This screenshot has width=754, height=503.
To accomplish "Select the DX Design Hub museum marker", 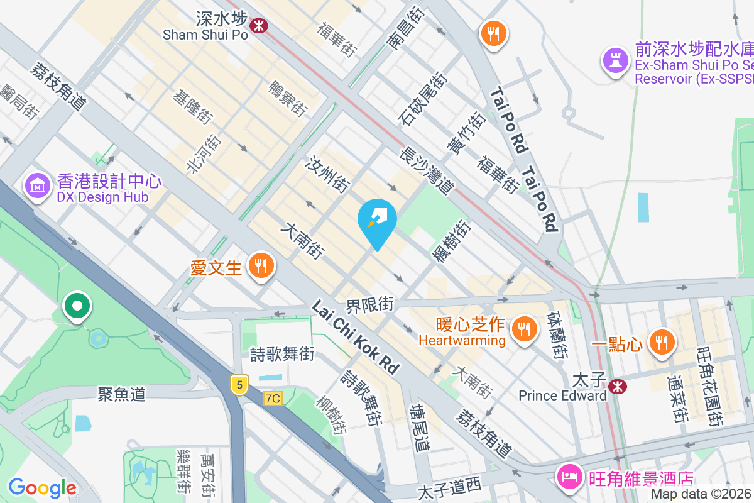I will pos(37,185).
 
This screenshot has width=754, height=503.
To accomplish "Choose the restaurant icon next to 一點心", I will pos(660,343).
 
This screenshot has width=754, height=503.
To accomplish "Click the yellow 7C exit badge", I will pos(273,398).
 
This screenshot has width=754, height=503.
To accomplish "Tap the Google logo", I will pos(42,488).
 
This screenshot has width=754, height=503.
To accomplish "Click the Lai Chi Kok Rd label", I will pos(356,338).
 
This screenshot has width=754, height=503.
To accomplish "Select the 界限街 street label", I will pos(369,306).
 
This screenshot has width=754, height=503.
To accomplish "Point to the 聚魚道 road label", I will pos(121,394).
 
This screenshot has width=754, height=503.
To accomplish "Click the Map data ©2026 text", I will pos(701,494).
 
